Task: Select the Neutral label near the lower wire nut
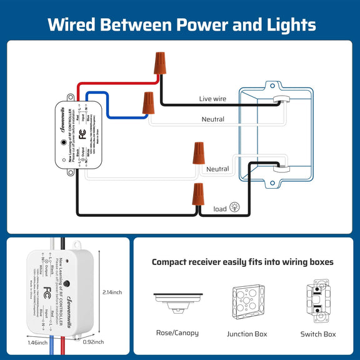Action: coord(217,169)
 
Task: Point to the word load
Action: coord(220,209)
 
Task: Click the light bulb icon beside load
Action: coord(235,207)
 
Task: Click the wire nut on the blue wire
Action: coord(148,102)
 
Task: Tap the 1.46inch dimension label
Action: coord(37,343)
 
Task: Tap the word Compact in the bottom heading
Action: coord(172,262)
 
